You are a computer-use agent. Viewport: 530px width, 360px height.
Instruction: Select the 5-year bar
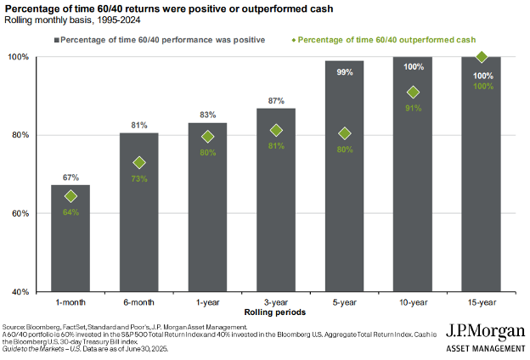pos(344,187)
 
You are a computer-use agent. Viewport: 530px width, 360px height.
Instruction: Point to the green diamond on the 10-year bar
pos(414,92)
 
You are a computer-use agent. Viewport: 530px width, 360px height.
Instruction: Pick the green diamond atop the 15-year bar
pos(482,58)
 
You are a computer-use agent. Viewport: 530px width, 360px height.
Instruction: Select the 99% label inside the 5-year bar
pos(344,73)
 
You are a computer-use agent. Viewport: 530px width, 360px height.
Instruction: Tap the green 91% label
pos(414,108)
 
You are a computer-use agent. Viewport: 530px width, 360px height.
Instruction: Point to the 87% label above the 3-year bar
pos(277,101)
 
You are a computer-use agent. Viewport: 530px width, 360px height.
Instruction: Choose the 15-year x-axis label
pos(481,303)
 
